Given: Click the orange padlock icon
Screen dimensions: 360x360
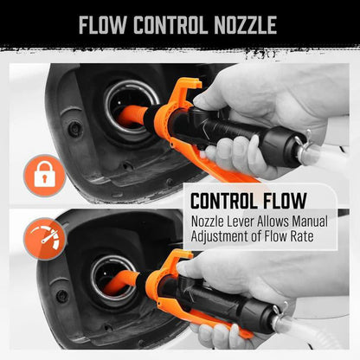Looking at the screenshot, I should [44, 176].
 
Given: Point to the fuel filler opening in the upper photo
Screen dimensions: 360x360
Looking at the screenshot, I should [130, 108].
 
